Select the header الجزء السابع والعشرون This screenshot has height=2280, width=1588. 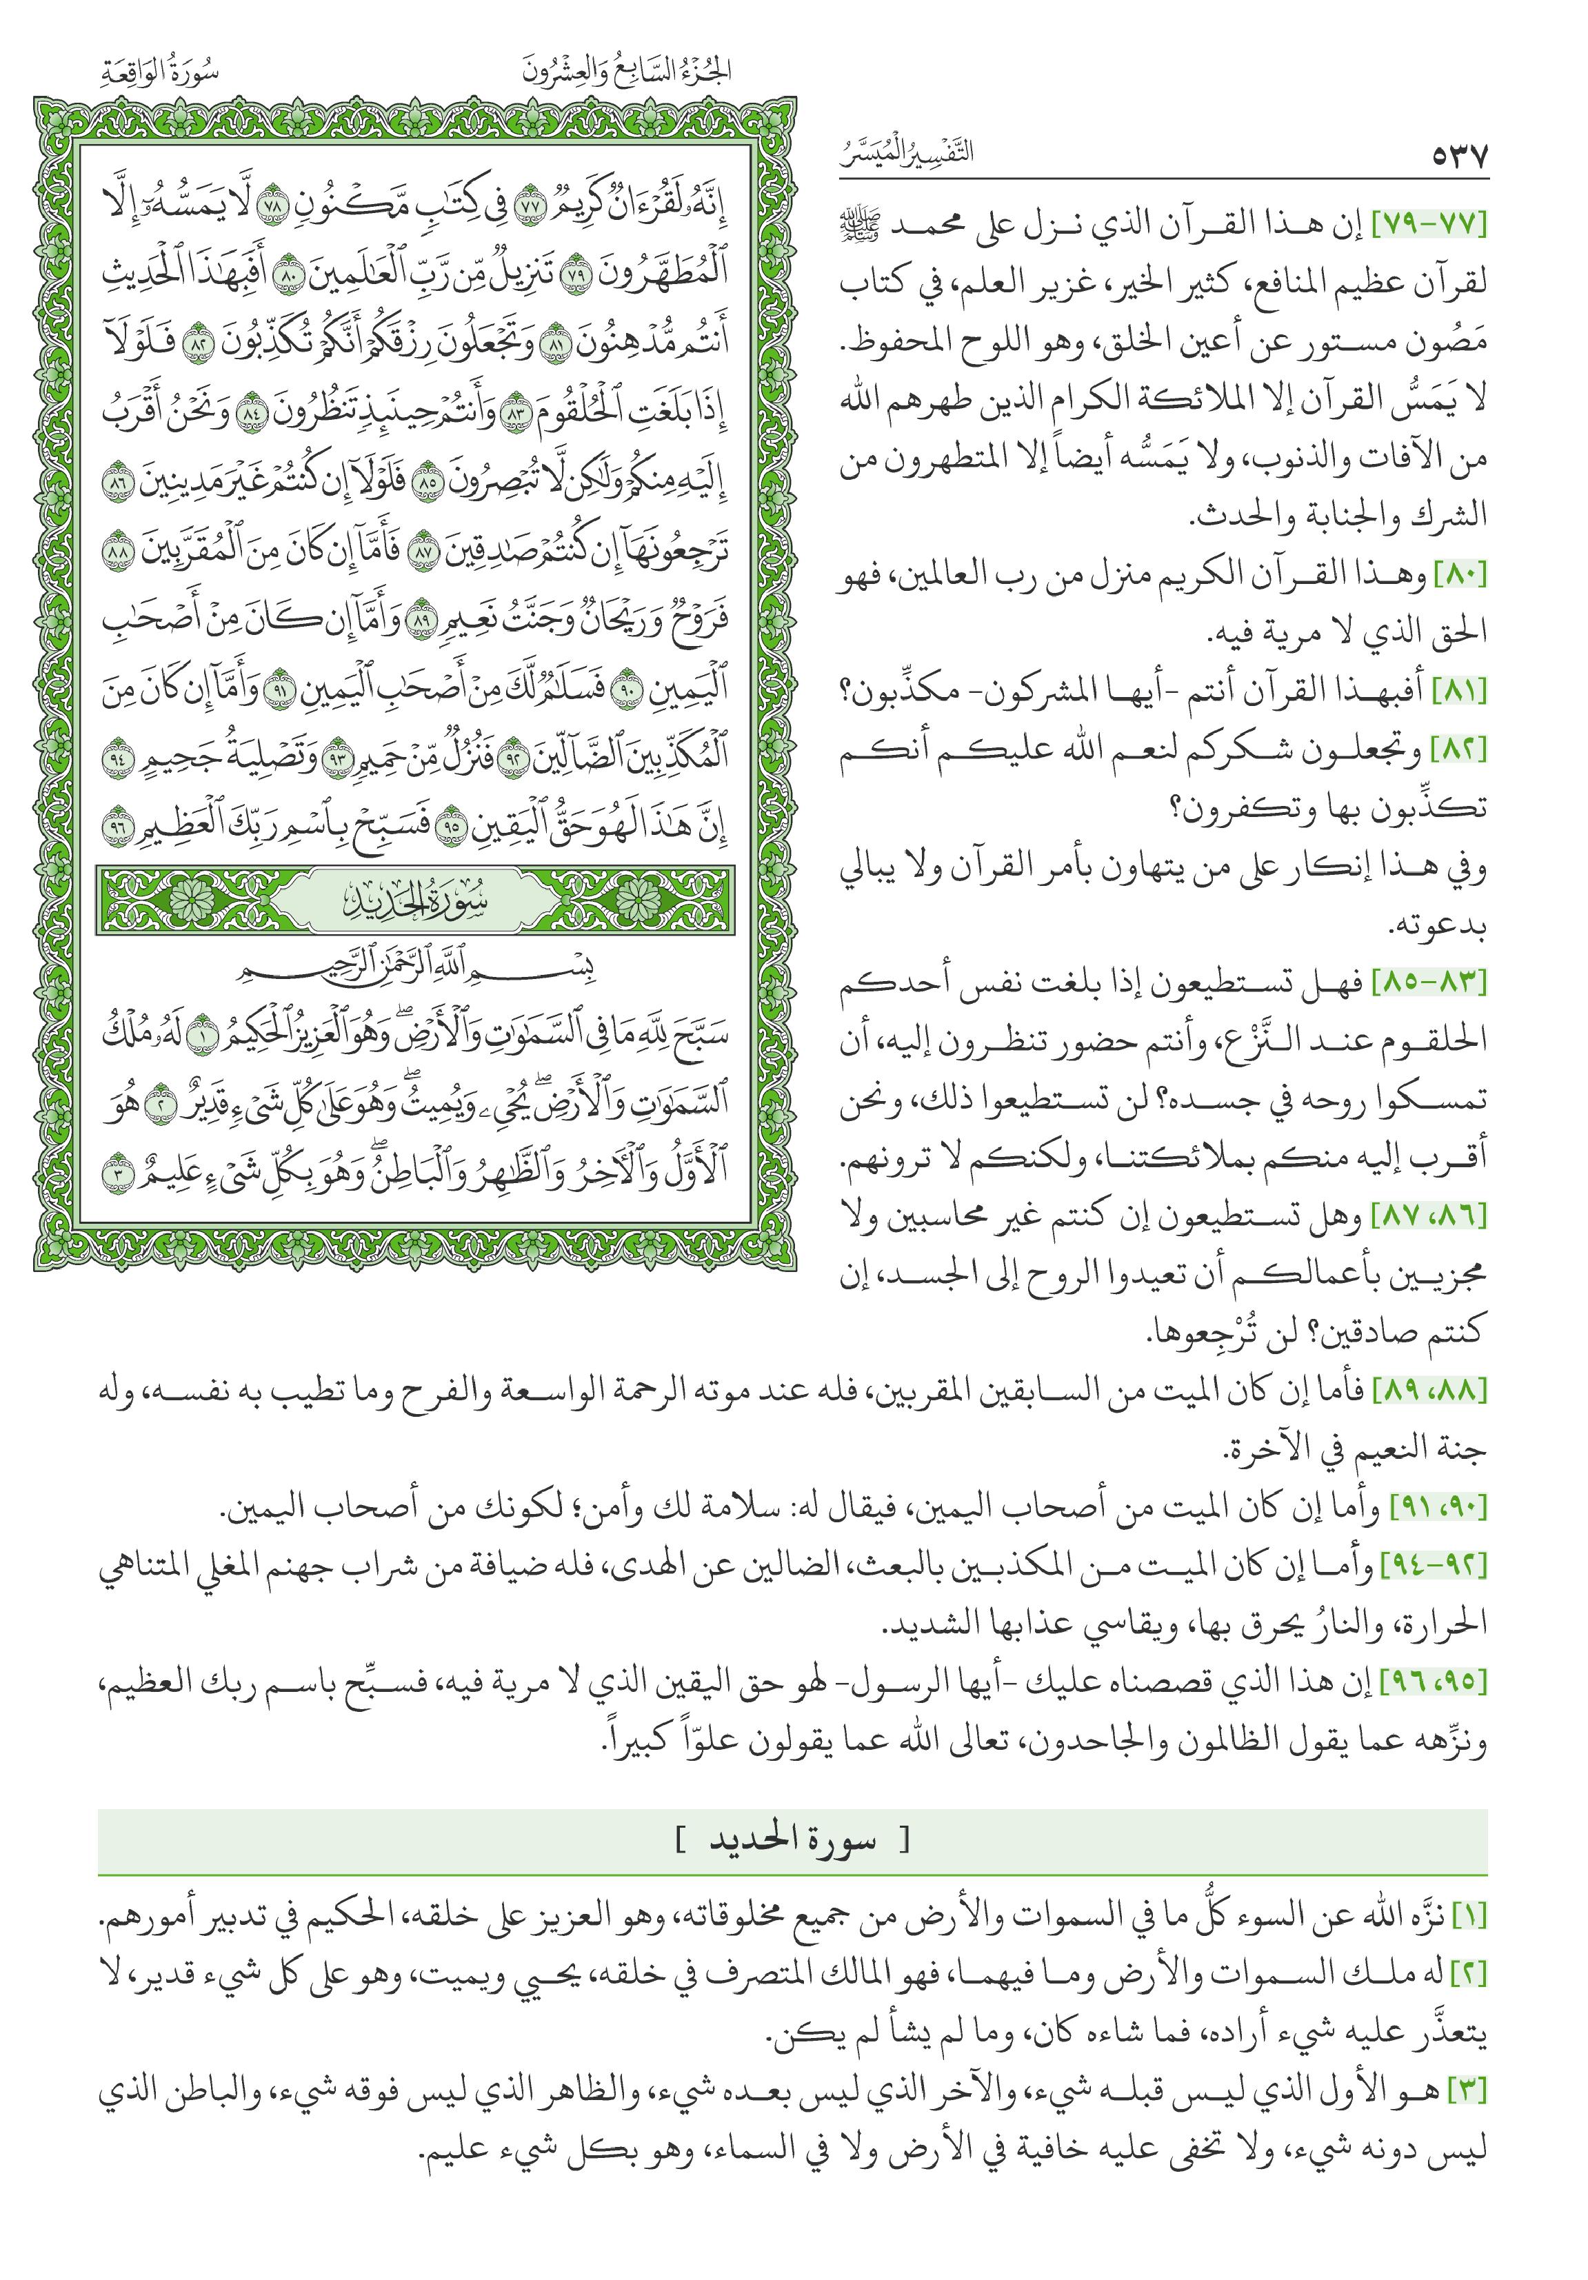tap(627, 72)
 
